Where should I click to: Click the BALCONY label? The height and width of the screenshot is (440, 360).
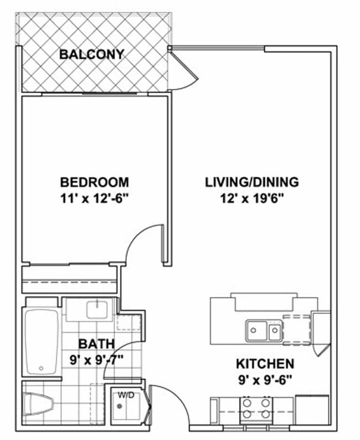(x=92, y=54)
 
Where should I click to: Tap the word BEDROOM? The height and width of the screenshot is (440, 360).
(x=94, y=182)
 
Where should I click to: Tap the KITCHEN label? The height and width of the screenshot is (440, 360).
(x=265, y=364)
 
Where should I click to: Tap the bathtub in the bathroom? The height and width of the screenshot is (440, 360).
(x=42, y=341)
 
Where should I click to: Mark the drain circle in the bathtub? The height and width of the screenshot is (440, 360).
(x=42, y=368)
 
